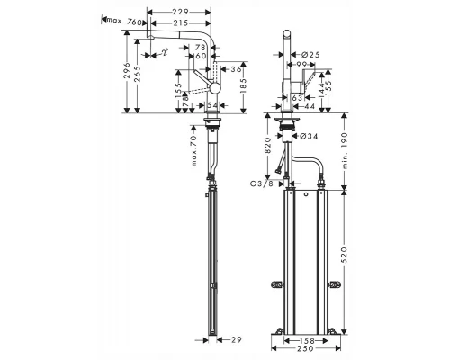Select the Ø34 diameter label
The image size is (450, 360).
[x=309, y=137]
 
